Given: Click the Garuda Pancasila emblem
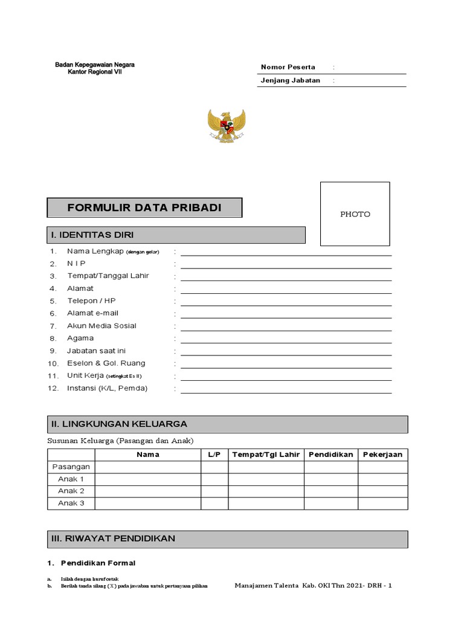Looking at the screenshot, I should tap(227, 126).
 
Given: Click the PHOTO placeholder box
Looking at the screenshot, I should tap(355, 213).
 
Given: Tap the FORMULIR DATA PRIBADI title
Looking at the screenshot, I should tap(144, 208).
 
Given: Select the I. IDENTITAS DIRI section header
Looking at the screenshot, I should tap(176, 235).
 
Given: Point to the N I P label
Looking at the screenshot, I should tap(76, 264).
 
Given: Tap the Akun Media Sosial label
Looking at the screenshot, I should tap(101, 326).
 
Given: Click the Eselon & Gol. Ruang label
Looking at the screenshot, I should tap(106, 363).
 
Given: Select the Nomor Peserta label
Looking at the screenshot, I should tap(288, 67).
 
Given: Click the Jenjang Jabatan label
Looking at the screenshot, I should tap(290, 80).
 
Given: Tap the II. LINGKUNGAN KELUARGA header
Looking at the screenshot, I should tap(228, 424).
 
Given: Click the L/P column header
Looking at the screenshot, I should tap(214, 455).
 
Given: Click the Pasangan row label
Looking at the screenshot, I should tap(71, 467).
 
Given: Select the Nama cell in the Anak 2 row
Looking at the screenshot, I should tap(148, 491).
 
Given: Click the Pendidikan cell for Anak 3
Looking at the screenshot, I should tap(330, 503).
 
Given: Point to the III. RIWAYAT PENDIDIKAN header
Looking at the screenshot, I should tap(228, 538).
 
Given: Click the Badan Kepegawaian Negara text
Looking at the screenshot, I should tap(95, 64).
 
